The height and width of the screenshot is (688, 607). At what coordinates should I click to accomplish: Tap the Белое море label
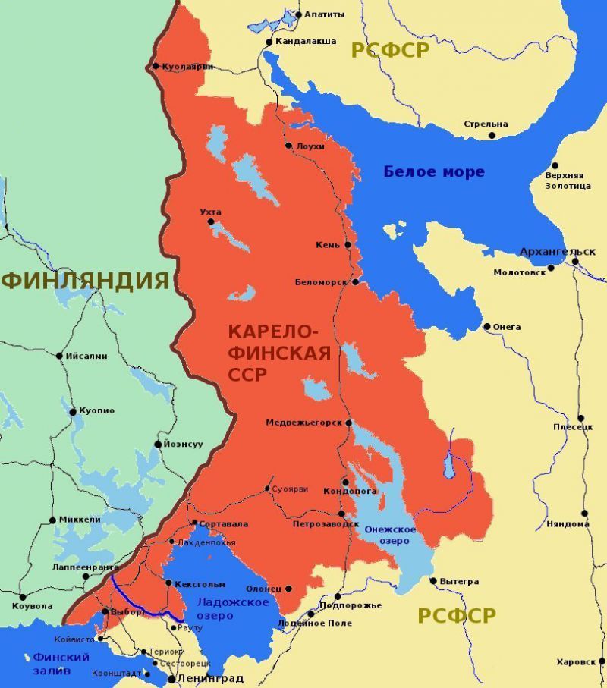tap(433, 172)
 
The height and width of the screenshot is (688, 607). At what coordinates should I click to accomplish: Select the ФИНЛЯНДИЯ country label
tap(84, 280)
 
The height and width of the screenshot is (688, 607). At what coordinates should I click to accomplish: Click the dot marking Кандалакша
tap(269, 42)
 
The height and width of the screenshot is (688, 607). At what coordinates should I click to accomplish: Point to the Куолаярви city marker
tap(156, 66)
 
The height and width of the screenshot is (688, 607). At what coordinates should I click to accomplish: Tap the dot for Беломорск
tap(354, 282)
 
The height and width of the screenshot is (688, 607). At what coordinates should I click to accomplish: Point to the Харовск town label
tap(575, 661)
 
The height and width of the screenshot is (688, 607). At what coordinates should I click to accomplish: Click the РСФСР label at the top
tap(390, 51)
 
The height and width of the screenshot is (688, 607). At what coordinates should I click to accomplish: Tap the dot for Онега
tap(487, 327)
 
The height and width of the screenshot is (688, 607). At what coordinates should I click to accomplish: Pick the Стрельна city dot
tap(492, 135)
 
